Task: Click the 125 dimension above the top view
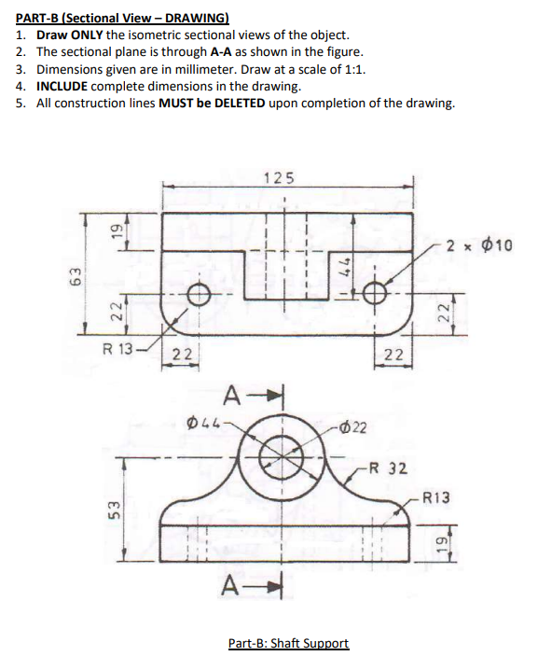(x=278, y=177)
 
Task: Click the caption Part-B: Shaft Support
(x=288, y=644)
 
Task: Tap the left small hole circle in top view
(x=198, y=294)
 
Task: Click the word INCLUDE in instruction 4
(x=63, y=86)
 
